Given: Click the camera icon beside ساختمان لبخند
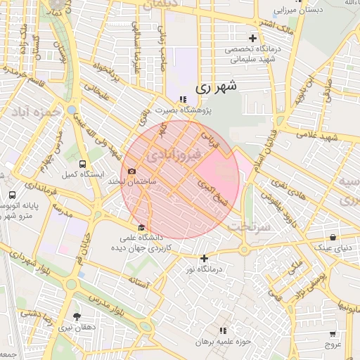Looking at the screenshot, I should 131,172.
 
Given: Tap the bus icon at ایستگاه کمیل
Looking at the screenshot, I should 84,163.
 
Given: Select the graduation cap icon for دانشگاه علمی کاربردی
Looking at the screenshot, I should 142,228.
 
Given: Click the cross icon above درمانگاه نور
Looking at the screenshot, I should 205,258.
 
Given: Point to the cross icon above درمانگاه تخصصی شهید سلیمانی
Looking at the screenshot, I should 252,38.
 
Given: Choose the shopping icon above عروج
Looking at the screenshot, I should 333,335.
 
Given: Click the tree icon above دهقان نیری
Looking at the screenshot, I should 77,316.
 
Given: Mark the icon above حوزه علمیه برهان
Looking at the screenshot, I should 224,330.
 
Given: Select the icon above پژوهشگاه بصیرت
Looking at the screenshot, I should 184,99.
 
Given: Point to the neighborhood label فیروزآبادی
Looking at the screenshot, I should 173,152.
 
